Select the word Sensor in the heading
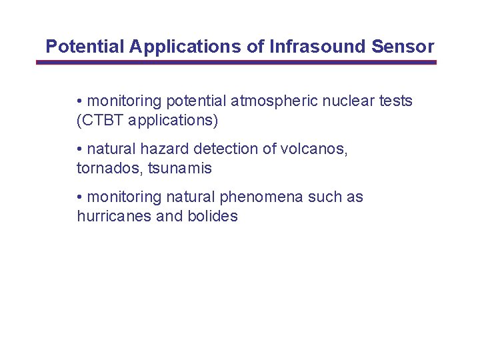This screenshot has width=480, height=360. click(403, 47)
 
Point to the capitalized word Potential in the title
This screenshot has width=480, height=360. click(85, 47)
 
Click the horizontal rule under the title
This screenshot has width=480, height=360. click(236, 62)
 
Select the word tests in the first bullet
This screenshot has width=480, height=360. click(396, 101)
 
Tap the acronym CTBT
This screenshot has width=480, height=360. click(103, 121)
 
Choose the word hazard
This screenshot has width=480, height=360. click(163, 149)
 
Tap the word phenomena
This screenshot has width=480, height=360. click(262, 197)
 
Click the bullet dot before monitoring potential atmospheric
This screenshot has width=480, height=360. click(79, 101)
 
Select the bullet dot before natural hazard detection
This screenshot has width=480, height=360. click(79, 149)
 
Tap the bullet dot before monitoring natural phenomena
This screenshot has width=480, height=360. click(79, 197)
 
